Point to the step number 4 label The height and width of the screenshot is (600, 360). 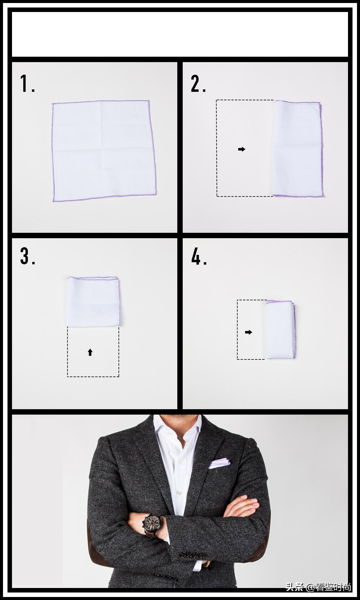tap(199, 256)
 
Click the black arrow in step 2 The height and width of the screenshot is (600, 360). tap(241, 149)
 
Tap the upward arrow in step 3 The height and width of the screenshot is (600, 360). tap(90, 352)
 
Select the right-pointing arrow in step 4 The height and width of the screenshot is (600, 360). tap(248, 332)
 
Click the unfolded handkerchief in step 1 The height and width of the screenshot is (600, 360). tap(104, 151)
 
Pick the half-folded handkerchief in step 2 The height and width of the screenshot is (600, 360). tap(298, 149)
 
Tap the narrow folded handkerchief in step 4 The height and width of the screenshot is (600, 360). tap(280, 329)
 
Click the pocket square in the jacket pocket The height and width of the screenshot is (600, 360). tap(220, 463)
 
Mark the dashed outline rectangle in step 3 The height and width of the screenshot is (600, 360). tap(93, 352)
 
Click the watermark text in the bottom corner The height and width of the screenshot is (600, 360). tap(318, 587)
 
